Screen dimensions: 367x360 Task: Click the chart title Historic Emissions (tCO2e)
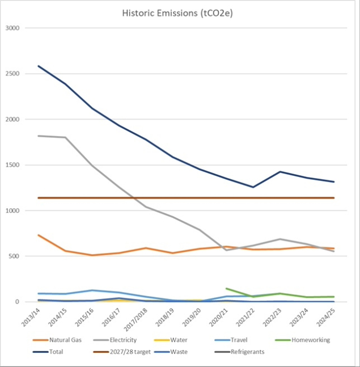point(178,12)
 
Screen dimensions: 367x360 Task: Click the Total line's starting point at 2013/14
point(39,66)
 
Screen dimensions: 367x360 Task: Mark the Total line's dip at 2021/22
point(253,187)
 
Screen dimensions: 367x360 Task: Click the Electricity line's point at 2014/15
point(65,137)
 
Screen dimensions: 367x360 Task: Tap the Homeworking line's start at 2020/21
point(226,288)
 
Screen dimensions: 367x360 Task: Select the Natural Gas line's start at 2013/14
point(39,235)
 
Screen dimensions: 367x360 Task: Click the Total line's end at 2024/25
point(333,182)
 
